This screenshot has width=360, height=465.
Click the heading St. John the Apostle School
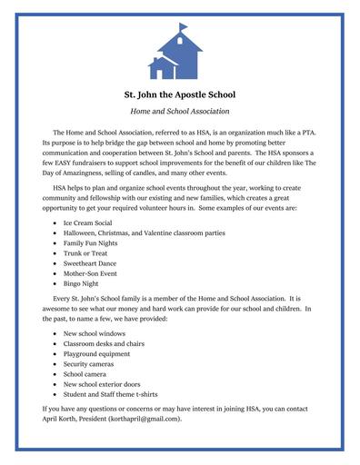pyautogui.click(x=179, y=94)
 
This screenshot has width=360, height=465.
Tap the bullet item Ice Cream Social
pyautogui.click(x=89, y=221)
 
